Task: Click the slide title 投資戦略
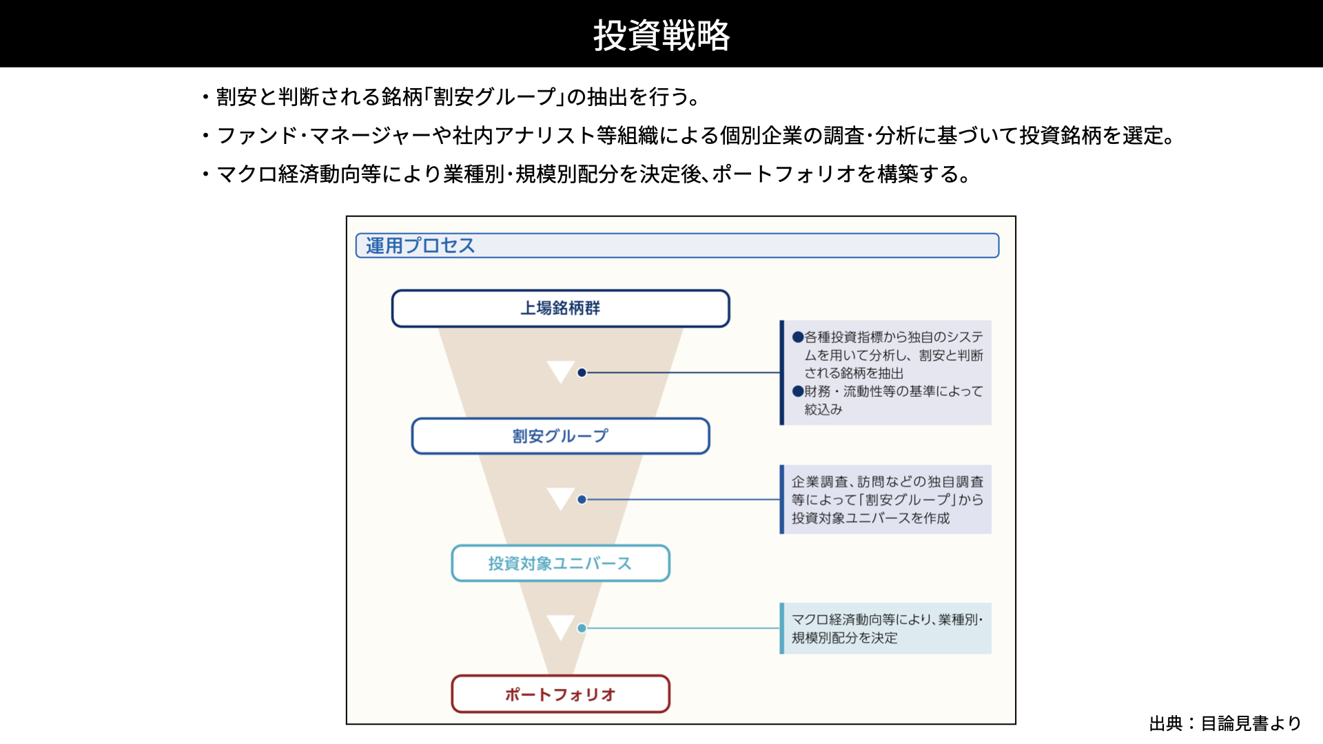click(661, 34)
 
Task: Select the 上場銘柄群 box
click(560, 308)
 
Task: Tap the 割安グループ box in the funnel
click(560, 436)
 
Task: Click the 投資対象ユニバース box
click(560, 564)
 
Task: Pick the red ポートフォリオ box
click(560, 694)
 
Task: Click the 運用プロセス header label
click(420, 246)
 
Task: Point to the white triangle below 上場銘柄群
click(560, 371)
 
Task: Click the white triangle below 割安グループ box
click(560, 498)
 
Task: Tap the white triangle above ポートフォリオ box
click(560, 626)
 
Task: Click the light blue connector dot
click(582, 628)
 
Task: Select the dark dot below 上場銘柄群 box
click(582, 373)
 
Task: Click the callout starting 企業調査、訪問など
click(886, 499)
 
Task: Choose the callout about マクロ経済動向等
click(886, 628)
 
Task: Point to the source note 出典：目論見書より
click(1225, 723)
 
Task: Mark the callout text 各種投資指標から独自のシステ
click(894, 337)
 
